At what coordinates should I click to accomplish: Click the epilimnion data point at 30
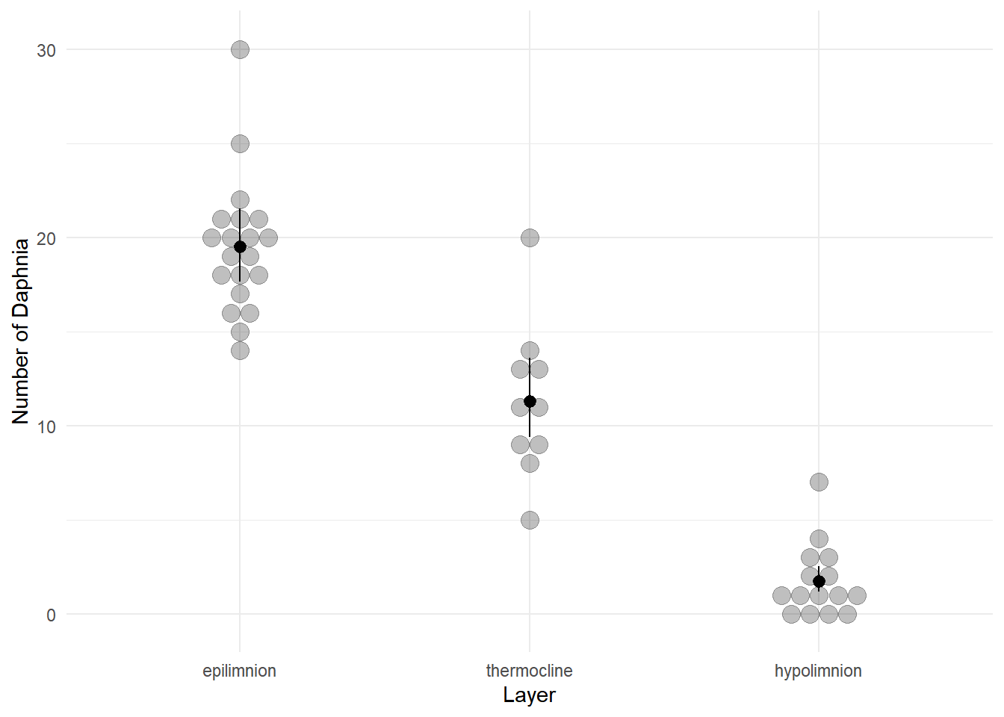coord(240,50)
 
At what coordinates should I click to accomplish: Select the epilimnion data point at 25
coord(240,143)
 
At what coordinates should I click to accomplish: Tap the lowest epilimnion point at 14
coord(240,350)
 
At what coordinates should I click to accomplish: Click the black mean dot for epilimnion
coord(240,247)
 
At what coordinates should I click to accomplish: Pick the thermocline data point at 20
coord(530,238)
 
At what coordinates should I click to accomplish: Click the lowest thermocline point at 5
coord(530,520)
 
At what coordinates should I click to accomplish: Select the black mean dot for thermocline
coord(530,402)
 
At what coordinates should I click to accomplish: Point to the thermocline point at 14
coord(530,350)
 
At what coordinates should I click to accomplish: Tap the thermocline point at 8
coord(530,463)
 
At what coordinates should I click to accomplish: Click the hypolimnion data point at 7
coord(819,482)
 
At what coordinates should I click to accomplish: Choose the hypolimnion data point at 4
coord(819,538)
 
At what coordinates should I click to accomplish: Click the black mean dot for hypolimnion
coord(819,581)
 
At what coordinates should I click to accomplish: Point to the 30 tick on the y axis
coord(46,50)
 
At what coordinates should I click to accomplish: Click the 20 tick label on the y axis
coord(46,238)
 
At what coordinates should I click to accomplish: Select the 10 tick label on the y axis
coord(46,426)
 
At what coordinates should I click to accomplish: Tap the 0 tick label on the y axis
coord(51,615)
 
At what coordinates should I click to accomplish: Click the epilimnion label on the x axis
coord(240,671)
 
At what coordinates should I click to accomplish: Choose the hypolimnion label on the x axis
coord(818,671)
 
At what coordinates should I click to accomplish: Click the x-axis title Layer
coord(529,695)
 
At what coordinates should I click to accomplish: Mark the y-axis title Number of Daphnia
coord(21,331)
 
